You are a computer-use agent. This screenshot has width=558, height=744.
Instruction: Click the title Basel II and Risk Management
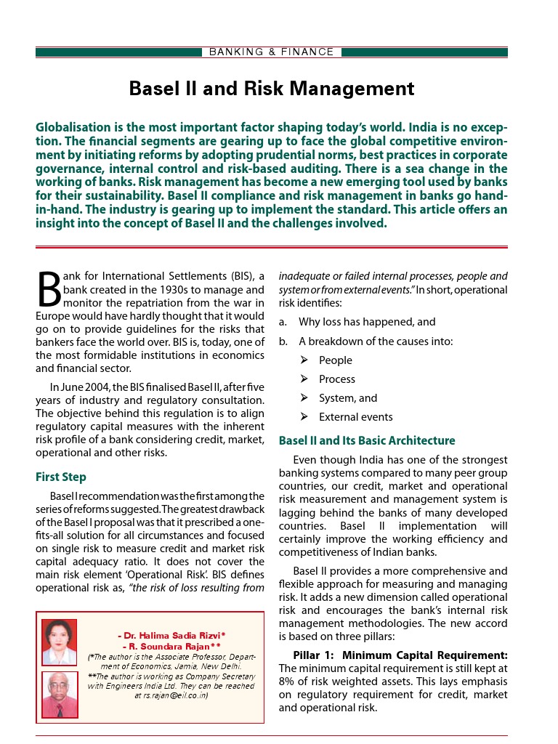pyautogui.click(x=272, y=89)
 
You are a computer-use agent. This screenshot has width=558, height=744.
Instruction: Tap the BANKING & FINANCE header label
pyautogui.click(x=272, y=52)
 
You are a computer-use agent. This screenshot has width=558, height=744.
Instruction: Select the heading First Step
pyautogui.click(x=61, y=477)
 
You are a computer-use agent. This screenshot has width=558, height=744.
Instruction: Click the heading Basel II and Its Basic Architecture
pyautogui.click(x=367, y=440)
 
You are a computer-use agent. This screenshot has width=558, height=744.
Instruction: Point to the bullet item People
pyautogui.click(x=336, y=360)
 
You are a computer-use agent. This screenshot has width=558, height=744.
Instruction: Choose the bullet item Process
pyautogui.click(x=337, y=379)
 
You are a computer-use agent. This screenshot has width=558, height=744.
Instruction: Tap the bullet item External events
pyautogui.click(x=356, y=417)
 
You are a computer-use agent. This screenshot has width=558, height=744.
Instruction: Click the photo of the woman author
pyautogui.click(x=60, y=642)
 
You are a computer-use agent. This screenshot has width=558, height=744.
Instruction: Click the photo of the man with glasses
pyautogui.click(x=60, y=695)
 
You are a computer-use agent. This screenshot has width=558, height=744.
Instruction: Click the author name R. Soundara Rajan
pyautogui.click(x=171, y=645)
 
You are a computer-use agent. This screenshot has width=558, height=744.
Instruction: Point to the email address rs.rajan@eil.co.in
pyautogui.click(x=171, y=695)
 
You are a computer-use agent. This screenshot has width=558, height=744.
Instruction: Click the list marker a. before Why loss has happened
pyautogui.click(x=283, y=322)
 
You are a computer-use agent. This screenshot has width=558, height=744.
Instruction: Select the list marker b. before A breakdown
pyautogui.click(x=283, y=341)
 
